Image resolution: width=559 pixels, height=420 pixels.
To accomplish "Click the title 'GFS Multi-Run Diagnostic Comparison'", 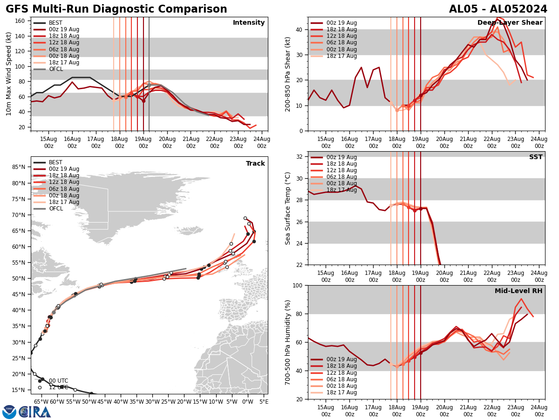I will point(116,9).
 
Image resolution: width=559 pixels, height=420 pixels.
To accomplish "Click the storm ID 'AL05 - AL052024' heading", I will point(498,9).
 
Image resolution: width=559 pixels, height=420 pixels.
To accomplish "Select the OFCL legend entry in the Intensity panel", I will point(55,69).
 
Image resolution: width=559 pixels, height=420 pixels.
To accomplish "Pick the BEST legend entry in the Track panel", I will point(55,162).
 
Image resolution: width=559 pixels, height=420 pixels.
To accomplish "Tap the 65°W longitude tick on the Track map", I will point(41,401).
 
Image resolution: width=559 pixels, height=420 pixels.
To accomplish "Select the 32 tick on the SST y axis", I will point(300,157).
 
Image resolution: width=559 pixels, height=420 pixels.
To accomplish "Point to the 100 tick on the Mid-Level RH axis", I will point(298,285).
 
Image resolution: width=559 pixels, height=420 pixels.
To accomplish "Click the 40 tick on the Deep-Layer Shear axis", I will point(300,29).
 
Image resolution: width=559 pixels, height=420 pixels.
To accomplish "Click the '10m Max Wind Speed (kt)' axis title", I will point(8,74).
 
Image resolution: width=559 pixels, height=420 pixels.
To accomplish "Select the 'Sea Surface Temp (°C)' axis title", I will point(288,208).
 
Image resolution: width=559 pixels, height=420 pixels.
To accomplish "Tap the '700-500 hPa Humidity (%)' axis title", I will point(288,342).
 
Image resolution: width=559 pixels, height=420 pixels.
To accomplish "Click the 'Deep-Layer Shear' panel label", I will point(510,23).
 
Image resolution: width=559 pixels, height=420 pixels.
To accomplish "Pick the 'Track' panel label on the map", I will point(255,163).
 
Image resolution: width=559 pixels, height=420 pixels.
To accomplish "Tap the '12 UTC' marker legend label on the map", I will point(59,387).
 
